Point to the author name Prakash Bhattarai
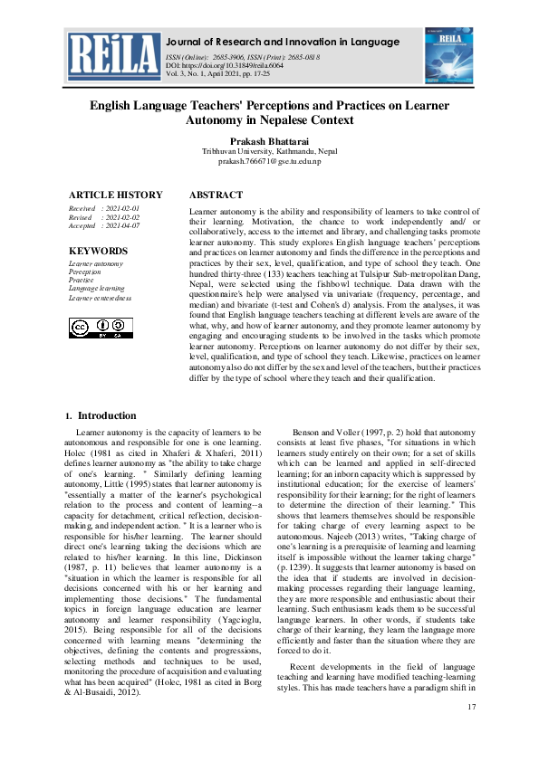pos(269,141)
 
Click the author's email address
pos(269,162)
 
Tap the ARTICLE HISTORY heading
pos(116,195)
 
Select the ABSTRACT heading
pos(216,195)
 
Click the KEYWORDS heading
pos(99,251)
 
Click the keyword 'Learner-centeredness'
pos(101,297)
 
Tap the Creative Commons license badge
pos(95,328)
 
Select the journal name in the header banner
pos(283,43)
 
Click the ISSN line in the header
pos(242,57)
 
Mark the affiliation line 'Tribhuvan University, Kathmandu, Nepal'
pos(269,152)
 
